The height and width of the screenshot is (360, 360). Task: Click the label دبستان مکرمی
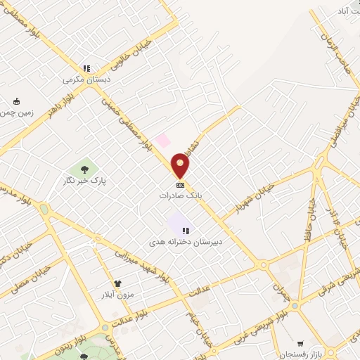tap(84, 80)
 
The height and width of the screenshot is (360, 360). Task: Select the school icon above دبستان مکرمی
tap(86, 69)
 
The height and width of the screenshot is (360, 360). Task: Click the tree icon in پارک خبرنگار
tap(84, 169)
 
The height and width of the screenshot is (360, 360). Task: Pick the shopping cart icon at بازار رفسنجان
tap(301, 345)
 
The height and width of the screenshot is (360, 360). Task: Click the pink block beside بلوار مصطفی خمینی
tap(162, 141)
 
